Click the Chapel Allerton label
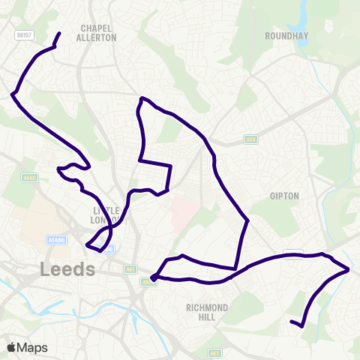pyautogui.click(x=97, y=32)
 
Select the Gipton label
pyautogui.click(x=284, y=196)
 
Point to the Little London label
pyautogui.click(x=106, y=215)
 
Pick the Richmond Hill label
pyautogui.click(x=206, y=312)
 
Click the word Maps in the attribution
pyautogui.click(x=32, y=347)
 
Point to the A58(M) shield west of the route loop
pyautogui.click(x=57, y=240)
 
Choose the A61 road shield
pyautogui.click(x=129, y=268)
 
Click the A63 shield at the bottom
pyautogui.click(x=214, y=352)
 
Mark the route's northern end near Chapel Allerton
pyautogui.click(x=60, y=33)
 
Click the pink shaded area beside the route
pyautogui.click(x=184, y=214)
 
